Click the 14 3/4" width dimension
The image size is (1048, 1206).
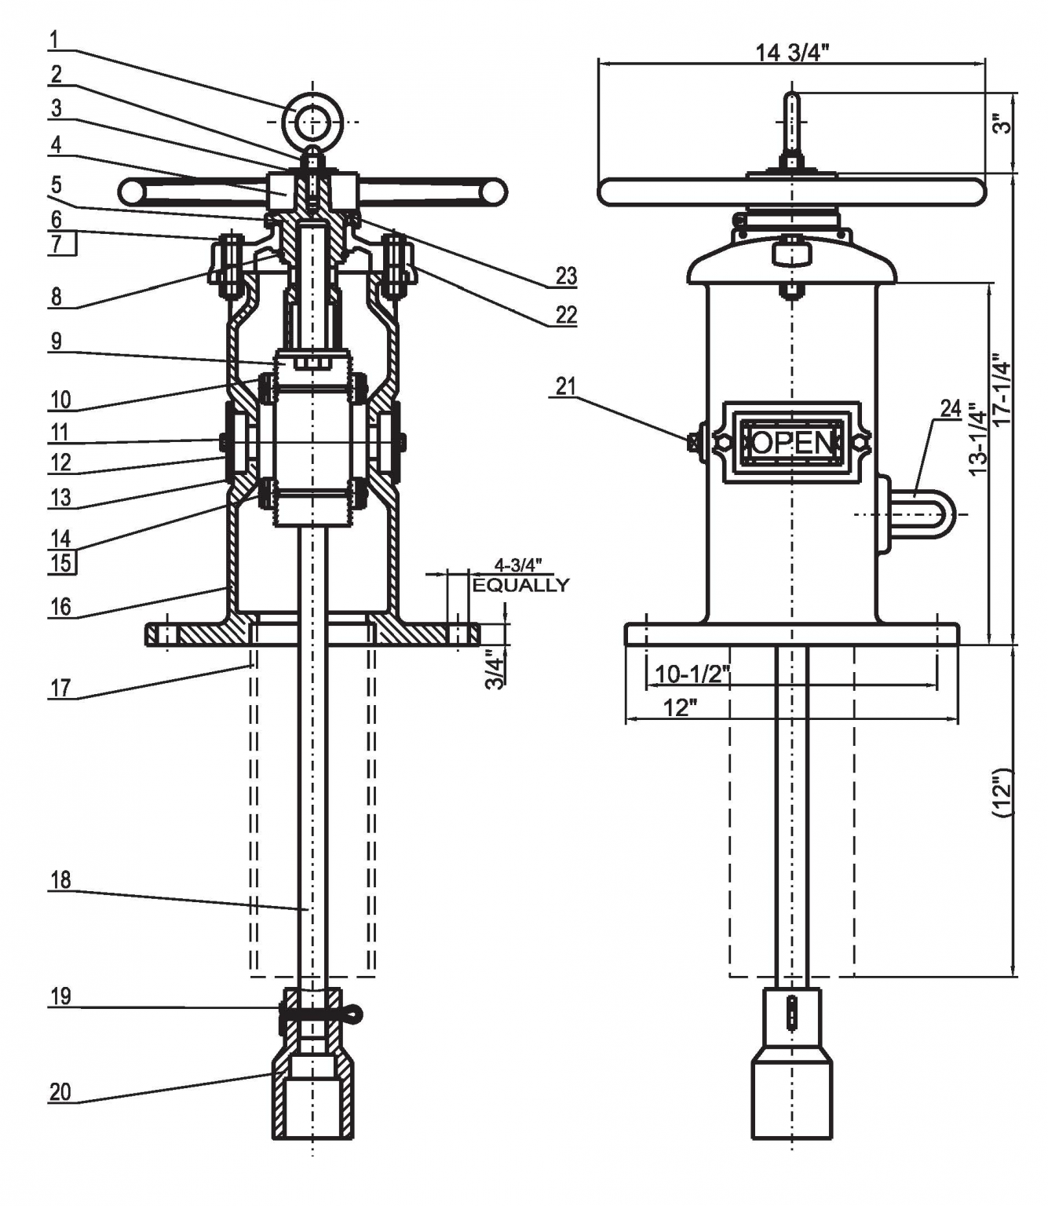click(x=791, y=53)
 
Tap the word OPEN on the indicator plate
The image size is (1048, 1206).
click(x=791, y=442)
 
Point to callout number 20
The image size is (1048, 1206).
click(x=60, y=1091)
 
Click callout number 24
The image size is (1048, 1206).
click(x=951, y=408)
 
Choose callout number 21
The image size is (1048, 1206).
click(x=565, y=386)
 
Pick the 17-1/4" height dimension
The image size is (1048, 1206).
click(x=1002, y=390)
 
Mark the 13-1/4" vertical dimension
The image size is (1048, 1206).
click(x=977, y=440)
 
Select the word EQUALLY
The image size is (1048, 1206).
click(x=520, y=585)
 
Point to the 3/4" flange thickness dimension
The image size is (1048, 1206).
click(x=494, y=669)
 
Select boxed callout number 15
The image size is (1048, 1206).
click(x=61, y=563)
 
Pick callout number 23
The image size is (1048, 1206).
click(x=566, y=276)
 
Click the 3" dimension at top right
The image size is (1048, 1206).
click(x=1002, y=123)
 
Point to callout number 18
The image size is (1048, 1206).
click(x=60, y=880)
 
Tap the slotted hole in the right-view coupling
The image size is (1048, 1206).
click(x=791, y=1012)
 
